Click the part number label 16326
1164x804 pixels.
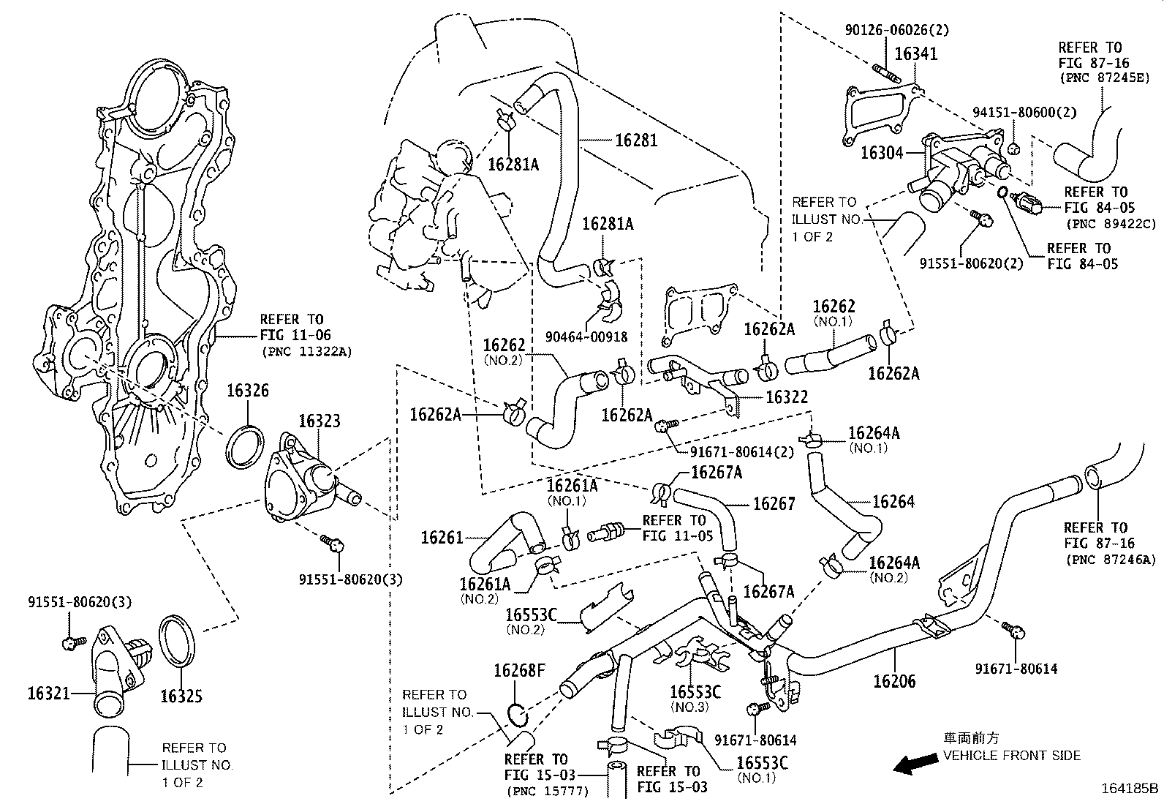click(247, 391)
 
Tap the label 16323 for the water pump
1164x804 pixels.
click(319, 421)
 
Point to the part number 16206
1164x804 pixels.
click(894, 681)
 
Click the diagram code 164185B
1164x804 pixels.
click(1130, 789)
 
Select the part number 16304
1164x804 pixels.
click(883, 152)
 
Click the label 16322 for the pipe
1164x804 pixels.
click(787, 397)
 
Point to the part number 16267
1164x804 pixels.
click(774, 503)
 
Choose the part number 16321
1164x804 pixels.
click(49, 692)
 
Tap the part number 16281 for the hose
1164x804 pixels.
click(635, 140)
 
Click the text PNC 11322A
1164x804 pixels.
click(306, 352)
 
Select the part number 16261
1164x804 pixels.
click(442, 538)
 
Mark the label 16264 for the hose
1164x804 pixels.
click(893, 502)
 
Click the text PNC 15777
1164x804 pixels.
click(548, 791)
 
